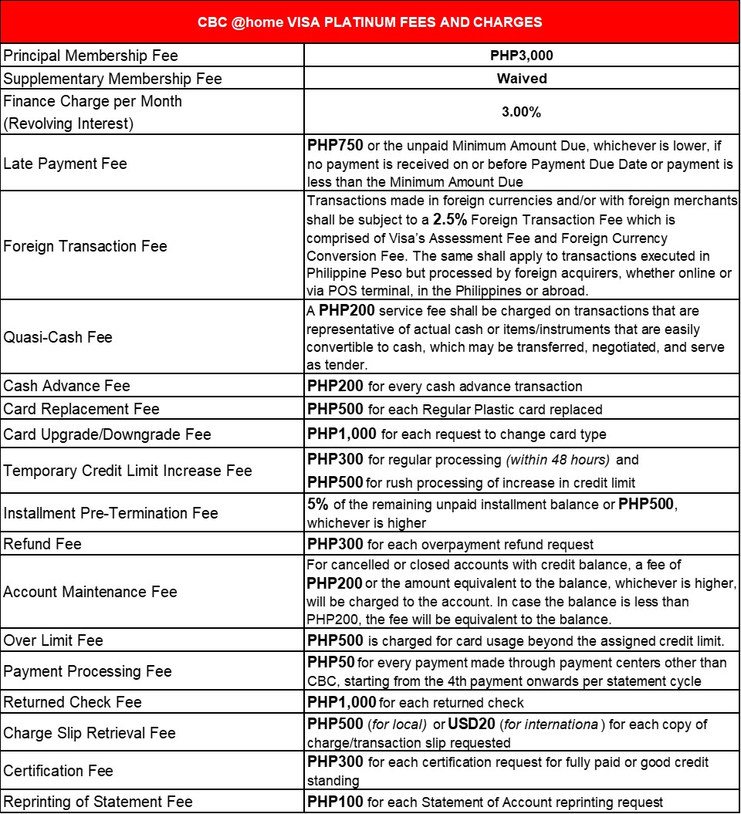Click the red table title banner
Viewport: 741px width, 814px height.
[370, 22]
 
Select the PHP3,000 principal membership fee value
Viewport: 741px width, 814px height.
[521, 56]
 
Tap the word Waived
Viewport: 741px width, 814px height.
[522, 79]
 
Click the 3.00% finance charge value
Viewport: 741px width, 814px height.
[521, 112]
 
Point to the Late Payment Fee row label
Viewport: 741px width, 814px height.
[66, 164]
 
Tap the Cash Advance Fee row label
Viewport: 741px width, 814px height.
[67, 386]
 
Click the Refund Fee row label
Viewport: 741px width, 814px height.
[42, 544]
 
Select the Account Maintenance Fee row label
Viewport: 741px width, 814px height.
[90, 592]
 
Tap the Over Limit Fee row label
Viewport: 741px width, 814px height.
[53, 640]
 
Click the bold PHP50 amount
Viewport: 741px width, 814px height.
[330, 663]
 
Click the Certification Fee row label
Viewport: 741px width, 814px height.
[59, 771]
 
